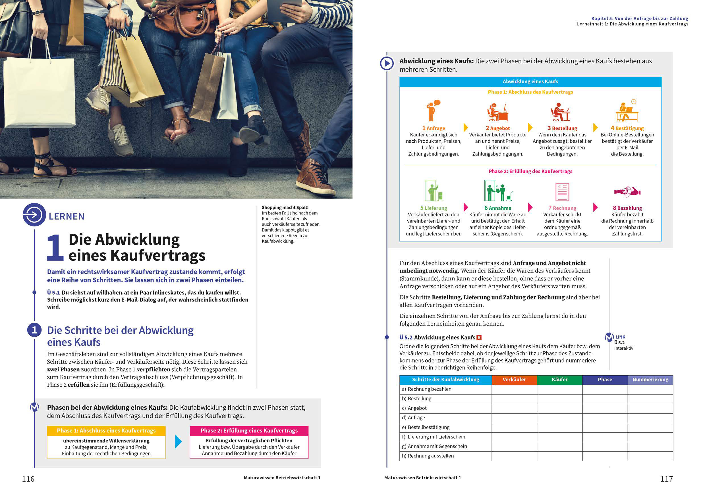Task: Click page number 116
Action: (28, 479)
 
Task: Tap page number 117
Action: (667, 479)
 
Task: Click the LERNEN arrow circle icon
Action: (34, 215)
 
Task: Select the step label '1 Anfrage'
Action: (434, 128)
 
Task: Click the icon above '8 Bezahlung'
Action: (627, 192)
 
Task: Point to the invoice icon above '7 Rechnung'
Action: (562, 192)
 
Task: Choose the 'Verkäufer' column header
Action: (514, 380)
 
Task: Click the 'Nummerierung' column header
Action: (650, 380)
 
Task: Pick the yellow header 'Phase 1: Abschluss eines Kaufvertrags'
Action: (106, 430)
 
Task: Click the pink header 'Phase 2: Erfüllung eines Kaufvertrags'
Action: (249, 430)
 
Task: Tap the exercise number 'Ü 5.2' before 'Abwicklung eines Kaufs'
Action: (406, 337)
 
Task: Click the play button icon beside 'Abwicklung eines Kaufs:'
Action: (387, 64)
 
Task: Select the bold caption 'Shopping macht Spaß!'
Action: (285, 207)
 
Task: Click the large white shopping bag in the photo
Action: (40, 92)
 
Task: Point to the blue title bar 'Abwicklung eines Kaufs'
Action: (530, 82)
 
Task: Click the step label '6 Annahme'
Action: (498, 208)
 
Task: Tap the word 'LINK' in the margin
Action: (620, 337)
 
